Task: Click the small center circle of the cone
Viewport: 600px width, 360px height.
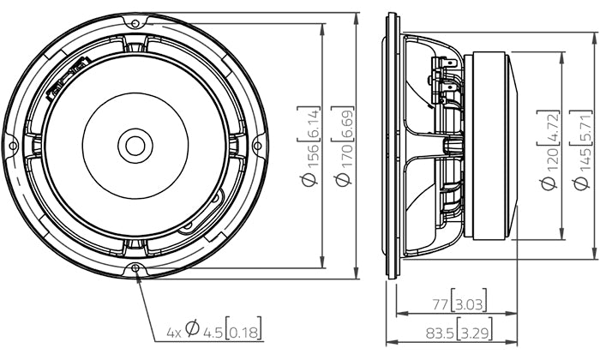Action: pyautogui.click(x=135, y=145)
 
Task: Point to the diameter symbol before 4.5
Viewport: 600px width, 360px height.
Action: pyautogui.click(x=192, y=329)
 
